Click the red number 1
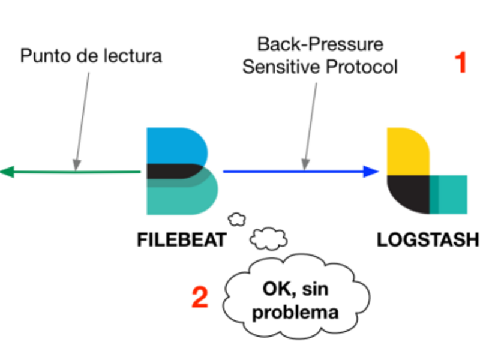pyautogui.click(x=460, y=62)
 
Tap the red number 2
pyautogui.click(x=200, y=297)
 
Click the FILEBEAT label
pyautogui.click(x=182, y=239)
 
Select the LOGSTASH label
pyautogui.click(x=428, y=239)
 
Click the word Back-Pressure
pyautogui.click(x=320, y=44)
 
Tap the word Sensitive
pyautogui.click(x=281, y=67)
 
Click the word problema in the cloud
pyautogui.click(x=295, y=313)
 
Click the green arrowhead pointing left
pyautogui.click(x=7, y=172)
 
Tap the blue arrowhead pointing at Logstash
pyautogui.click(x=371, y=172)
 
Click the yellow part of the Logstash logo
pyautogui.click(x=408, y=152)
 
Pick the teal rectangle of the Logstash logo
pyautogui.click(x=448, y=194)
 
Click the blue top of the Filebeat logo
pyautogui.click(x=176, y=145)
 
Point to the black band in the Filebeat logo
pyautogui.click(x=173, y=171)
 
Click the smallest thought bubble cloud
pyautogui.click(x=236, y=219)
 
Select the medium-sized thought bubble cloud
pyautogui.click(x=269, y=239)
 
